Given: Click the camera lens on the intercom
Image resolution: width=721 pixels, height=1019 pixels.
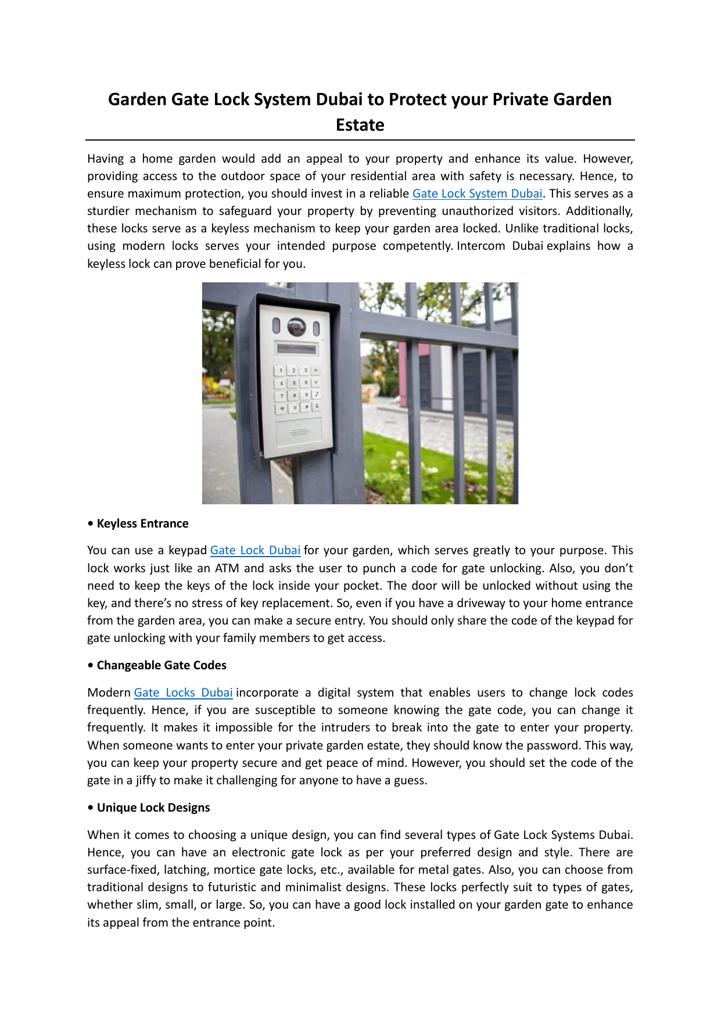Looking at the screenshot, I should pyautogui.click(x=296, y=327).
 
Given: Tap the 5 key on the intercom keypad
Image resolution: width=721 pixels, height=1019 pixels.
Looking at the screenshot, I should pyautogui.click(x=293, y=383).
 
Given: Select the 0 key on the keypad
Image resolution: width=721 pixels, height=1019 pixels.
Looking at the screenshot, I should pyautogui.click(x=295, y=408).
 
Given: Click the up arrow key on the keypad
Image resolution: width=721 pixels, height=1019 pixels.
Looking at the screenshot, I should pyautogui.click(x=315, y=370).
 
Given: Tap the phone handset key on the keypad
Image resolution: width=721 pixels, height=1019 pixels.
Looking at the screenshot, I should pyautogui.click(x=317, y=394).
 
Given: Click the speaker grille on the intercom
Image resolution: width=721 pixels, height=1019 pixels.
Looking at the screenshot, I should pyautogui.click(x=299, y=432).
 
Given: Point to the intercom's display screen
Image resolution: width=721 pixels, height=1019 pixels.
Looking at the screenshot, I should pyautogui.click(x=297, y=349).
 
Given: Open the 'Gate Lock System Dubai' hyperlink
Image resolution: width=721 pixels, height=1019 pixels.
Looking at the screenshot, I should pyautogui.click(x=477, y=193).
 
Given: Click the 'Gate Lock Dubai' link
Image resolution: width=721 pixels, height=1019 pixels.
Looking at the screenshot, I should pyautogui.click(x=255, y=550).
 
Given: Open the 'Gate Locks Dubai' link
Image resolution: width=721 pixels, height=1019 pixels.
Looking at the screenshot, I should pyautogui.click(x=183, y=693).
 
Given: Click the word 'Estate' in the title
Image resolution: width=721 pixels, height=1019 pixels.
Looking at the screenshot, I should pyautogui.click(x=360, y=125).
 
